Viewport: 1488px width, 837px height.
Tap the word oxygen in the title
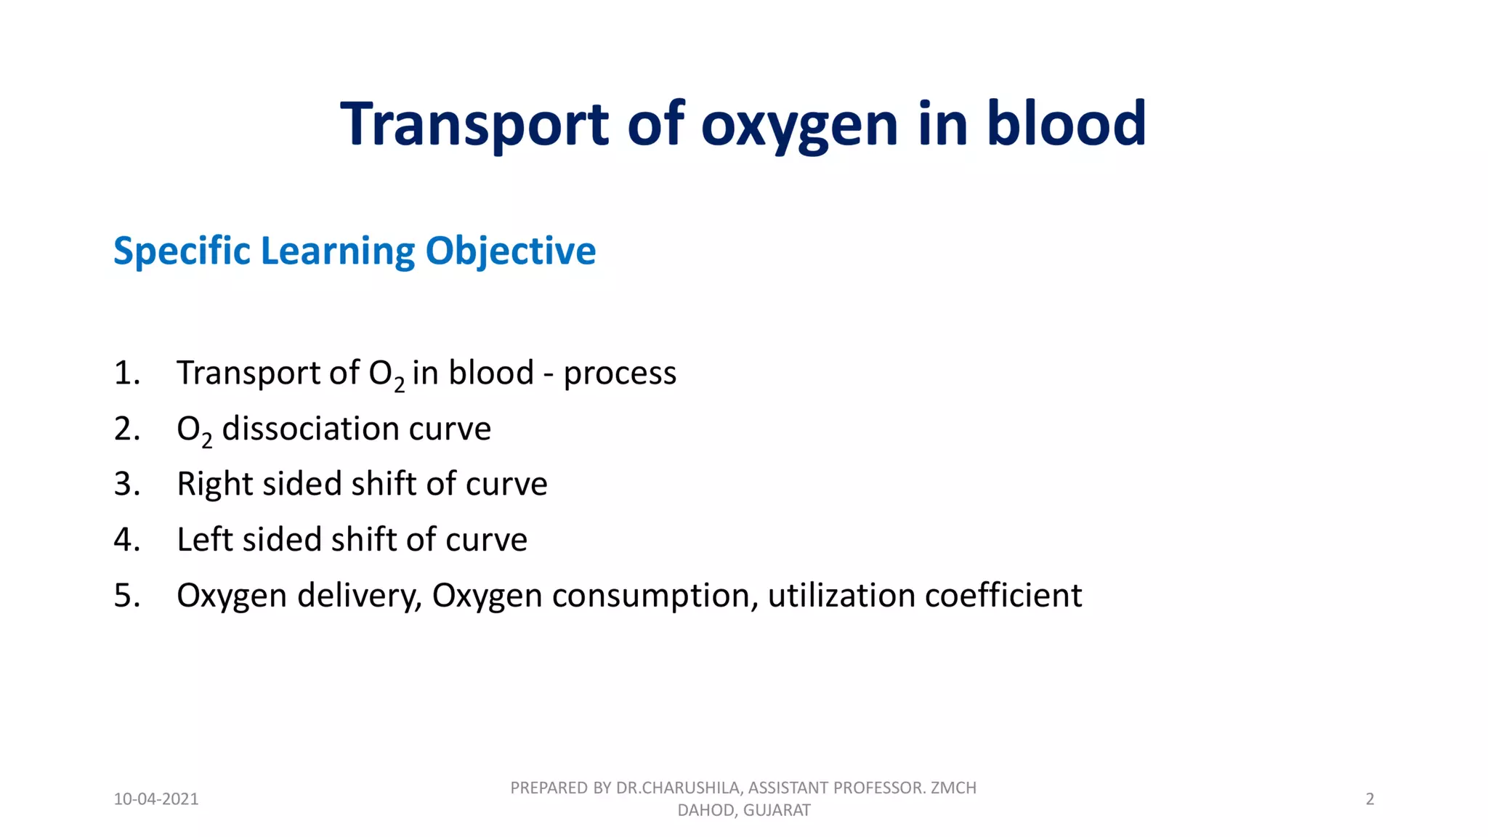pos(799,125)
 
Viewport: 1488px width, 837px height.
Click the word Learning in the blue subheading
pos(337,251)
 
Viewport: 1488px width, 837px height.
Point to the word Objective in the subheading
pos(510,251)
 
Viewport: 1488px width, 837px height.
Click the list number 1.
pos(126,373)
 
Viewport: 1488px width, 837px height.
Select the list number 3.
pos(126,484)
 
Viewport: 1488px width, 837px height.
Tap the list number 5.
pos(126,595)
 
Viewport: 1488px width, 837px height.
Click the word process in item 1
pos(620,373)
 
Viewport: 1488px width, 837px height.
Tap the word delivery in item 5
pos(359,596)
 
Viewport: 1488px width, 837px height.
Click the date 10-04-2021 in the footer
pos(156,799)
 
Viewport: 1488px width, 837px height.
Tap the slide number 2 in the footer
pos(1370,799)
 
